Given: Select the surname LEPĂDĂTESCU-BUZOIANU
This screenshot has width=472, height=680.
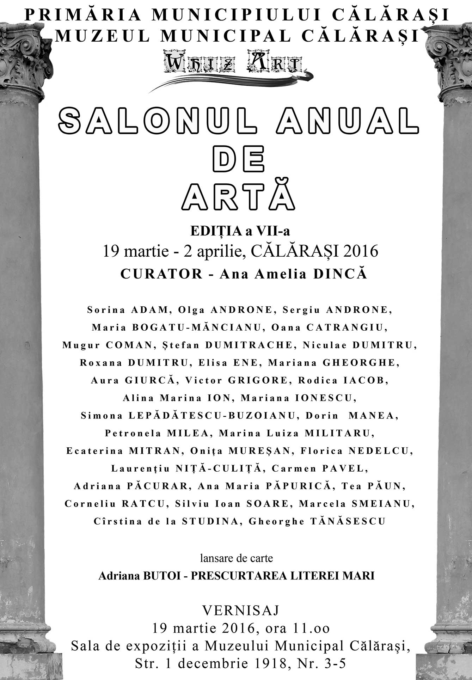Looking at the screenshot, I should tap(212, 416).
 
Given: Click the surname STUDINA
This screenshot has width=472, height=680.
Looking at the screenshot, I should tap(210, 521).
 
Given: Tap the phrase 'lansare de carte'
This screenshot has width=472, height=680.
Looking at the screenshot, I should tap(237, 558).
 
